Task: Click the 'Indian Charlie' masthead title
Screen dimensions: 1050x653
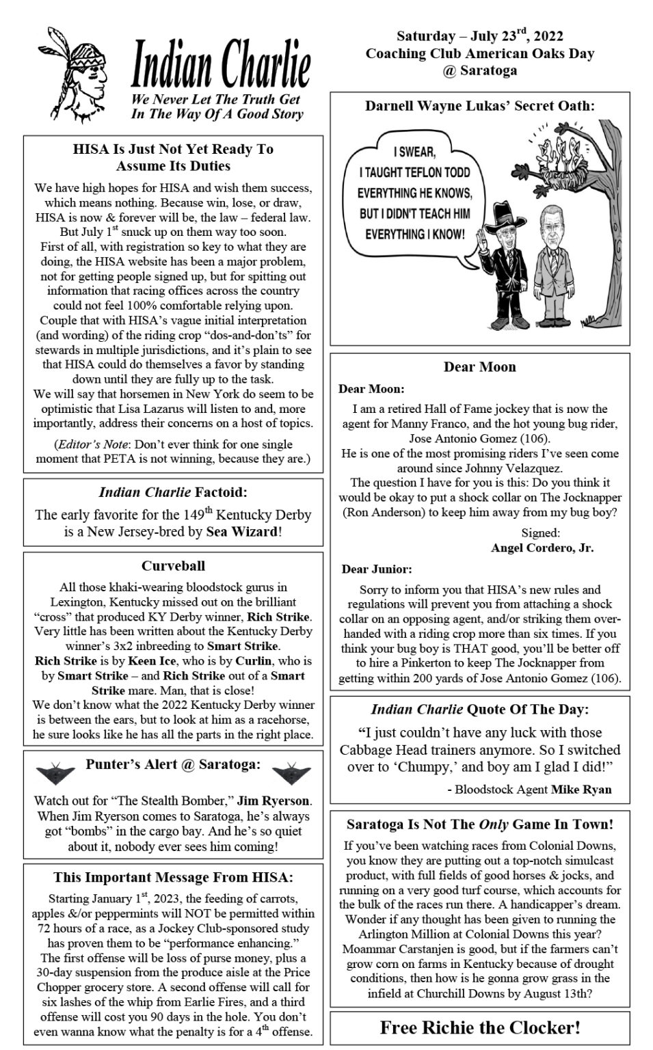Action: click(x=220, y=66)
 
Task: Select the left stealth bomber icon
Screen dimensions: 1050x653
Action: click(x=55, y=773)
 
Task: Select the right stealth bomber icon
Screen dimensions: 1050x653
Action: click(x=291, y=773)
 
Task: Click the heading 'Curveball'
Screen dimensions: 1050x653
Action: click(x=173, y=566)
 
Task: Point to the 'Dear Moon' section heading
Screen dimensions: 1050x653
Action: click(x=479, y=367)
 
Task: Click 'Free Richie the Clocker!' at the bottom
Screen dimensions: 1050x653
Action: click(x=480, y=1027)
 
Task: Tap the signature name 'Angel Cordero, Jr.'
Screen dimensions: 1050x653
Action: click(x=542, y=548)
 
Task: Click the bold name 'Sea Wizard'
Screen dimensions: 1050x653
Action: click(x=242, y=532)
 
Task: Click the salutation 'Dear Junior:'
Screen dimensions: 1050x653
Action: click(x=377, y=569)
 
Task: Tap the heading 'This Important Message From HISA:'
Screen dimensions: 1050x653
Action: click(x=173, y=878)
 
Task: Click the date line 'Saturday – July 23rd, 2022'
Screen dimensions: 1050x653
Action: click(x=479, y=36)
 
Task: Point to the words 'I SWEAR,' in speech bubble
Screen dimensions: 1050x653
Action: click(x=414, y=152)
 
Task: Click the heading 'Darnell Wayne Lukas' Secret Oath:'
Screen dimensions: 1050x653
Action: click(x=479, y=106)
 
